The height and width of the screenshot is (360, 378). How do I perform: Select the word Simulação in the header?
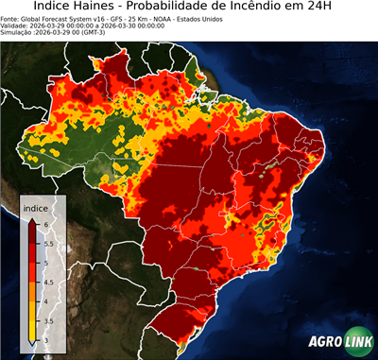(x=18, y=34)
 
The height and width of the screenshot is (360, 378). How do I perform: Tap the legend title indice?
(x=34, y=208)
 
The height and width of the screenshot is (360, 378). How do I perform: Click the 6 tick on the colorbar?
(x=46, y=224)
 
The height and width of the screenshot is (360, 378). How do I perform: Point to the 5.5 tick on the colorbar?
(x=48, y=243)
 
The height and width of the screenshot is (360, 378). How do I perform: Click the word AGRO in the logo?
(x=324, y=342)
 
